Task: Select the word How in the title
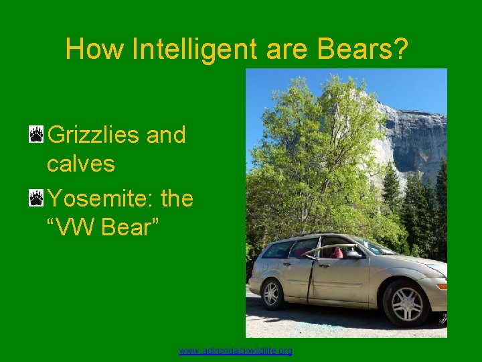[x=96, y=49]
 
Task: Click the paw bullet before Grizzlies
[x=36, y=135]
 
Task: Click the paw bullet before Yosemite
[x=36, y=198]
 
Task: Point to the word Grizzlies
[x=94, y=135]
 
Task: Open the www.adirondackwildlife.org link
[x=236, y=351]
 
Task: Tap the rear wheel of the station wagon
[x=271, y=293]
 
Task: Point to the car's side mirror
[x=353, y=255]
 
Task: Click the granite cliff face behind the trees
[x=415, y=134]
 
